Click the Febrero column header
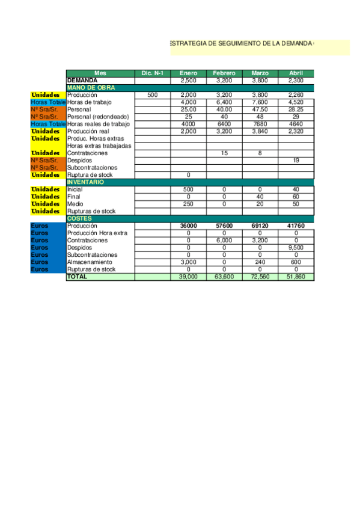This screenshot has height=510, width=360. coord(224,73)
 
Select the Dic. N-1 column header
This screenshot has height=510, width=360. coord(152,73)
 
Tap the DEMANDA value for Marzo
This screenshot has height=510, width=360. coord(260,80)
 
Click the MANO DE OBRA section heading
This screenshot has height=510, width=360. coord(91,88)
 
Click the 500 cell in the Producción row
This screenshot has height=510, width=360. coord(152,95)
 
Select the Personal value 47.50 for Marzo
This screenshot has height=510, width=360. coord(260,109)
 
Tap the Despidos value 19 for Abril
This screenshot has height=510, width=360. coord(296,161)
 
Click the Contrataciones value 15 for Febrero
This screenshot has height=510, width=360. coord(224,153)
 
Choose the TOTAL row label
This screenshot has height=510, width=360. coord(77,277)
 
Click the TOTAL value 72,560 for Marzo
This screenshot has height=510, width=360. coord(260,277)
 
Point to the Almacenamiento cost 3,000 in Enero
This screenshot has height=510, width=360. coord(188,262)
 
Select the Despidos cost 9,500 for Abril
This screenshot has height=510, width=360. coord(296,247)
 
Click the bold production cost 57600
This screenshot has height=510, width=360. coord(224,226)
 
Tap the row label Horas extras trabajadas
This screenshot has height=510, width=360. coord(99,146)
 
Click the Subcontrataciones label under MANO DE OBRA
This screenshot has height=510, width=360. coord(93,168)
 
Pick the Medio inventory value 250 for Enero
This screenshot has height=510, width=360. coord(188,204)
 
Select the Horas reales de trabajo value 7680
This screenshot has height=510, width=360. coord(260,124)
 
